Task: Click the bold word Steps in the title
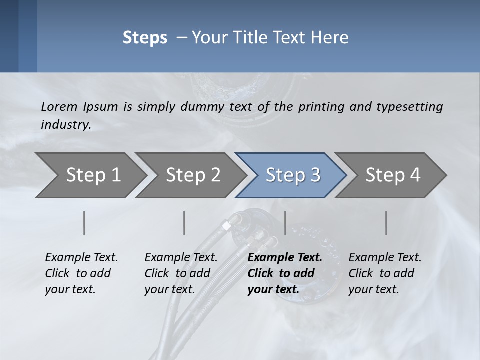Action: coord(145,38)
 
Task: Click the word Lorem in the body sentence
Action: coord(59,106)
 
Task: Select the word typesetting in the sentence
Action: coord(409,106)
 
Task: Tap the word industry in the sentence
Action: coord(66,124)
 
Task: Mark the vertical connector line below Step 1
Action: coord(84,223)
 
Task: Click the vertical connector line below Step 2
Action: coord(184,223)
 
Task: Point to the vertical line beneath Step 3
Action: coord(285,223)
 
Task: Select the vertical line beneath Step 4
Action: coord(386,223)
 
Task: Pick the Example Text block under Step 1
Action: coord(81,273)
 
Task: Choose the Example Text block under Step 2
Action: coord(181,273)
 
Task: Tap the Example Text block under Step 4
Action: coord(385,273)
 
